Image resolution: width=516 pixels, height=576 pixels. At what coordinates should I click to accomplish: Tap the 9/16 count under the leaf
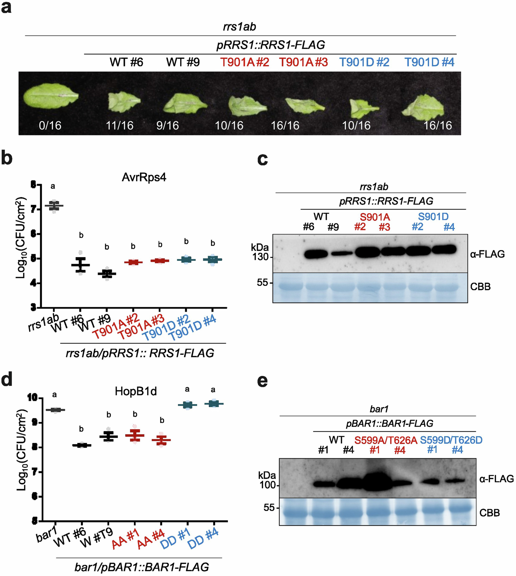[168, 125]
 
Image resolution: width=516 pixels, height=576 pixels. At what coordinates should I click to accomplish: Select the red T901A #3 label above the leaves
[303, 62]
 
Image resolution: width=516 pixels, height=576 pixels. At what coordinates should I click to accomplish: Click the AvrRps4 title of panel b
[144, 177]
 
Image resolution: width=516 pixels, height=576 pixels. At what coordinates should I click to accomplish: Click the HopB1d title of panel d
[136, 391]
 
